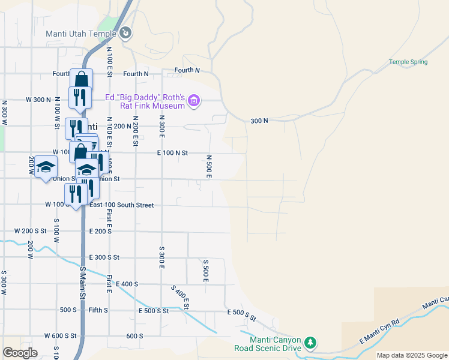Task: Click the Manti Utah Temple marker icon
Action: coord(125,33)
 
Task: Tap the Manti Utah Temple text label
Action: coord(82,34)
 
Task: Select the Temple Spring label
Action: coord(408,62)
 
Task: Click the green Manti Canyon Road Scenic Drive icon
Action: coord(310,343)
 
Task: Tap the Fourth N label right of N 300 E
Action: coord(187,70)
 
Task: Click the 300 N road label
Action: coord(259,121)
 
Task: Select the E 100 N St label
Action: coord(172,153)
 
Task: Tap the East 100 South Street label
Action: coord(122,205)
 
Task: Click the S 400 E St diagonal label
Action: coord(180,298)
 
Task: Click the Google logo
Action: coord(20,353)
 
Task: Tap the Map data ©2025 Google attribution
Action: coord(412,355)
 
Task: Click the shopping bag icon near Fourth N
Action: coord(81,80)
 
